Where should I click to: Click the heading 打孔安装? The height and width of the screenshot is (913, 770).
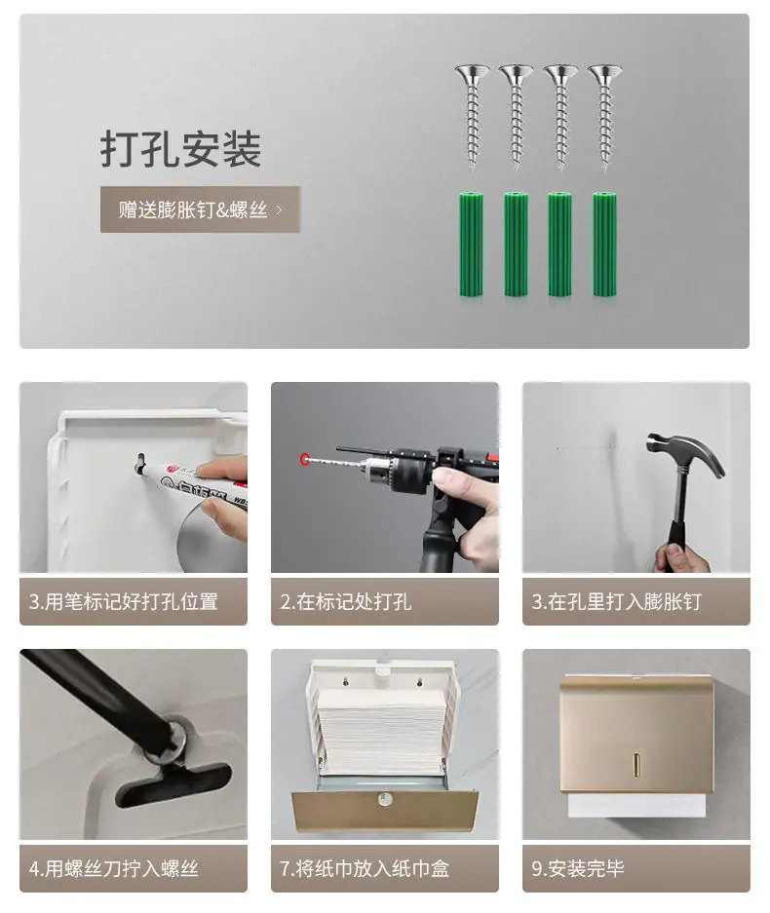tap(180, 149)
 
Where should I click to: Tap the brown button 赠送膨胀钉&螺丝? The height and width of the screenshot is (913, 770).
tap(200, 209)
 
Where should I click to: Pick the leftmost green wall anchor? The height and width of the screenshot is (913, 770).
tap(471, 245)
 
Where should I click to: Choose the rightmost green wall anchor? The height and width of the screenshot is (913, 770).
tap(604, 245)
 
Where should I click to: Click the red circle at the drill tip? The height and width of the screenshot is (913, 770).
tap(304, 459)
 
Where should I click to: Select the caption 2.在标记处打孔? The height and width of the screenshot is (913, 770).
tap(345, 601)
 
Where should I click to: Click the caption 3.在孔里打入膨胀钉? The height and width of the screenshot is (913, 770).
tap(616, 601)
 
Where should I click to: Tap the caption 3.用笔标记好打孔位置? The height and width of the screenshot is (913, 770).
tap(124, 601)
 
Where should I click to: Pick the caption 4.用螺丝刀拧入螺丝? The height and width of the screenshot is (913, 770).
tap(114, 869)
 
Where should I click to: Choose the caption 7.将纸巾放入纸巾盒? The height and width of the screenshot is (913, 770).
tap(365, 869)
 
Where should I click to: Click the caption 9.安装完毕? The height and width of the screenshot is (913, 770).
tap(578, 869)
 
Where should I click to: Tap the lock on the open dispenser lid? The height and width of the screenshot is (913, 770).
tap(384, 798)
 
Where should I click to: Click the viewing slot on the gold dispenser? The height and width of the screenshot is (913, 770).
tap(636, 765)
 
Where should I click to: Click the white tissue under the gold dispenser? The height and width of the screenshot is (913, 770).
tap(636, 805)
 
